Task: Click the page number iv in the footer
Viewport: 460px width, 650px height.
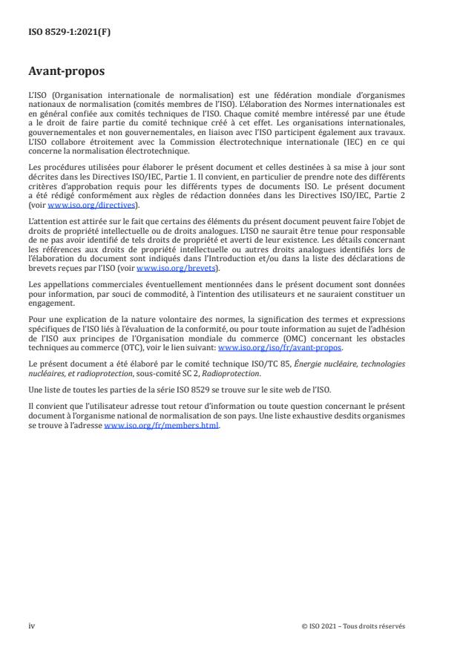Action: (x=32, y=626)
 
